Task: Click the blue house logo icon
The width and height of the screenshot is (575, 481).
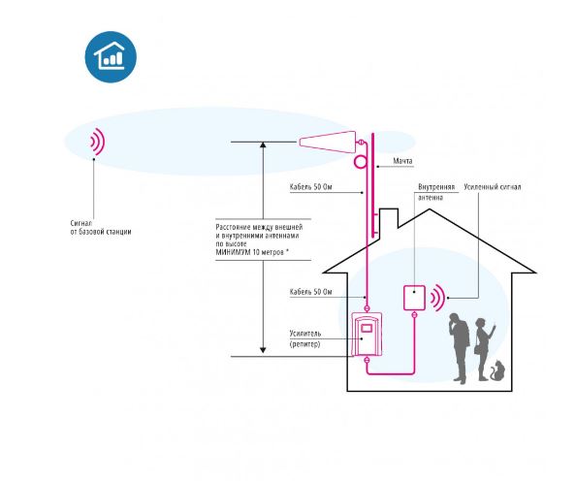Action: pos(111,57)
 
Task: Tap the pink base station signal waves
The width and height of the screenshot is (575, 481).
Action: pos(98,142)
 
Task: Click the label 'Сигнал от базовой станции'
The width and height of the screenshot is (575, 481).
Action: pos(101,227)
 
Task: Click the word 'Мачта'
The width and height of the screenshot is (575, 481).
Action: pos(402,161)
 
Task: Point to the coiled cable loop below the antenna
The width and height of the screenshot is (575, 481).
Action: pos(360,162)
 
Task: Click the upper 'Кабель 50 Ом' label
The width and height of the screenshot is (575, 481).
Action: pos(310,187)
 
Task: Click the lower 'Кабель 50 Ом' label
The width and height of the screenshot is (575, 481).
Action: pos(310,292)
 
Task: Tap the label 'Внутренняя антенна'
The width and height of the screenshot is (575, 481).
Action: pos(436,192)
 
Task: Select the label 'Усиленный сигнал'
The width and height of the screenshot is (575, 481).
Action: pos(493,187)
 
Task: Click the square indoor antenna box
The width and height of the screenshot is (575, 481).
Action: pos(414,298)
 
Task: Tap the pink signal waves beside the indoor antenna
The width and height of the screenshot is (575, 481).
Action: pos(437,298)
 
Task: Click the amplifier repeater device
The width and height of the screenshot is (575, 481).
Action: pos(367,334)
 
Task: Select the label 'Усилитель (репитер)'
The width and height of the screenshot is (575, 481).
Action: pos(305,338)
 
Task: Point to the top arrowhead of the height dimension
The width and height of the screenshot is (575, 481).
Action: pos(263,144)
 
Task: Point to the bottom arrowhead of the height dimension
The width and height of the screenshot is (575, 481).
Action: pos(263,350)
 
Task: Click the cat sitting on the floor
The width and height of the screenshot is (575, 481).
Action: pos(497,370)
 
